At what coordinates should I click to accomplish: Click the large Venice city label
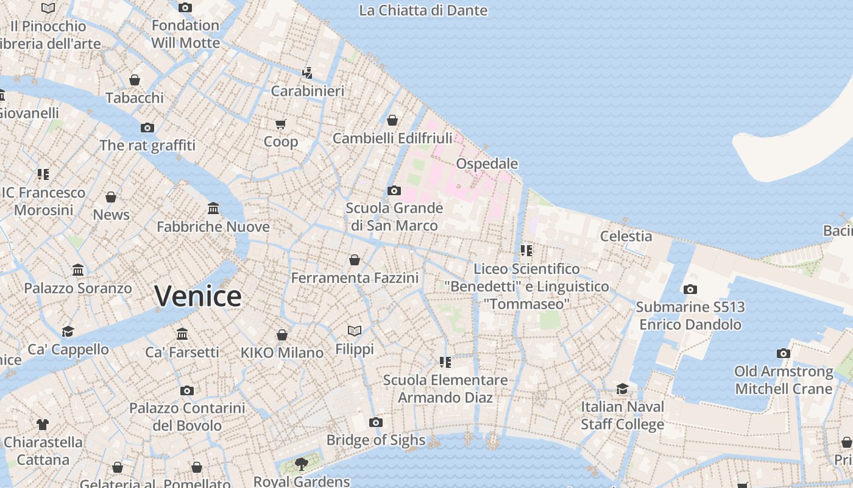198,296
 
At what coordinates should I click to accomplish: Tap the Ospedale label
487,163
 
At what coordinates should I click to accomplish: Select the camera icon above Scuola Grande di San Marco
394,190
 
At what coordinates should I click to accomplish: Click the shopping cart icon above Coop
280,124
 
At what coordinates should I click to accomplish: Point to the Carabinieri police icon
307,73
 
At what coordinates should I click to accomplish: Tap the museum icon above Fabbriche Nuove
213,209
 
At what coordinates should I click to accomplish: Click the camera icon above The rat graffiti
147,127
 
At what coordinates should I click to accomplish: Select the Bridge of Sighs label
375,440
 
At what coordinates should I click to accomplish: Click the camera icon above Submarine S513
690,289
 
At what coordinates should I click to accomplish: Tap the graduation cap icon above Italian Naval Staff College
622,389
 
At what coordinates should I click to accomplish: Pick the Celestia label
626,236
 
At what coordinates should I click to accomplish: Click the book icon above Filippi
355,331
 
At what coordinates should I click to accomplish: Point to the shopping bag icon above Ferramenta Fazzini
355,260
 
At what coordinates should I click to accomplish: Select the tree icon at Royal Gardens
301,464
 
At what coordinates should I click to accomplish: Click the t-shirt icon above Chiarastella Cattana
43,424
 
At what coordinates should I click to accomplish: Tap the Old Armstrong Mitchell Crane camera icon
784,353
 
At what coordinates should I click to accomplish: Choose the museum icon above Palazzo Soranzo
78,270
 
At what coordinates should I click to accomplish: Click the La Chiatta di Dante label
423,10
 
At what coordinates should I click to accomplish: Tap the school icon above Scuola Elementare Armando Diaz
445,362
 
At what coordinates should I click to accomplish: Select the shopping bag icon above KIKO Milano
281,335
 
